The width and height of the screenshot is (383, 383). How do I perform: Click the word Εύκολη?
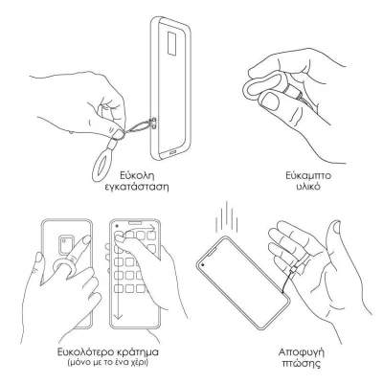(137, 175)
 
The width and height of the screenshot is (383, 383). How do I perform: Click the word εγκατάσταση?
(137, 187)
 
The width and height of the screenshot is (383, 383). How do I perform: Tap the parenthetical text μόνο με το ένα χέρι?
(108, 363)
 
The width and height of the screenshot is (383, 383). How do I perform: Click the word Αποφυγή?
(302, 353)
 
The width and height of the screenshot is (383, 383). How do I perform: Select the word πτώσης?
(302, 364)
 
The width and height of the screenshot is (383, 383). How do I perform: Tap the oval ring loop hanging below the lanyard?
(102, 166)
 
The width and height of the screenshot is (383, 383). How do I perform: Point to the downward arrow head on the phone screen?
(118, 315)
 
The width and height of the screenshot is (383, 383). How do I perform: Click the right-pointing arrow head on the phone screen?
(154, 228)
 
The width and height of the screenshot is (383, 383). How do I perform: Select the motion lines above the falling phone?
(226, 217)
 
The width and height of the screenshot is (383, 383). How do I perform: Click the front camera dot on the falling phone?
(203, 264)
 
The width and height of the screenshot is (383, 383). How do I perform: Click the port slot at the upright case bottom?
(173, 152)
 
